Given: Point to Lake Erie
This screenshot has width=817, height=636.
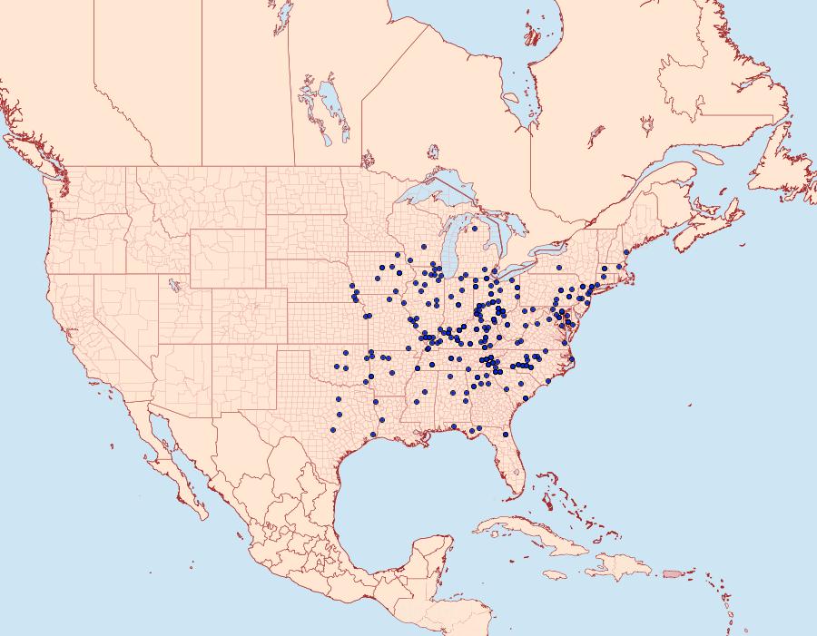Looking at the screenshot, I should pyautogui.click(x=521, y=271).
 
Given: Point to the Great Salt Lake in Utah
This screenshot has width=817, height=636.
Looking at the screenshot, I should pyautogui.click(x=172, y=284).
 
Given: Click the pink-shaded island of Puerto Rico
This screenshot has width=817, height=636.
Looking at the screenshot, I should pyautogui.click(x=672, y=573).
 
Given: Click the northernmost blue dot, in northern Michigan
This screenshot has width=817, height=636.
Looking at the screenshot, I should pyautogui.click(x=475, y=229).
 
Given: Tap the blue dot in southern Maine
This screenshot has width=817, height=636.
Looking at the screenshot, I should pyautogui.click(x=626, y=252).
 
